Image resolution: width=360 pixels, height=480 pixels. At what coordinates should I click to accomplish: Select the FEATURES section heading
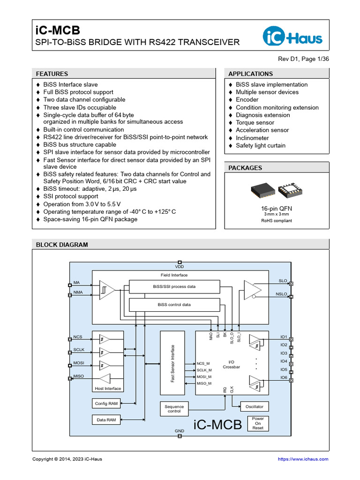click(52, 74)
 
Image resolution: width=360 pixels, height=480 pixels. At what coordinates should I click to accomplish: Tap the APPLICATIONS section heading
click(250, 74)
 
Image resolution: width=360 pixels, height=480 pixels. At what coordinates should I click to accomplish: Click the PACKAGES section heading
click(245, 168)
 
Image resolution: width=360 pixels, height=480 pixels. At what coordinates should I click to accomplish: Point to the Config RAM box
click(106, 404)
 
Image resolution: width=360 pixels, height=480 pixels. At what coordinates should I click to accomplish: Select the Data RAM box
click(106, 420)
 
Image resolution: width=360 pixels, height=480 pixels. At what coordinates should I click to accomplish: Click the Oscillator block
click(255, 406)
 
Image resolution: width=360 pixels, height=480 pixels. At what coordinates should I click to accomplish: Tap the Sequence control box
click(174, 409)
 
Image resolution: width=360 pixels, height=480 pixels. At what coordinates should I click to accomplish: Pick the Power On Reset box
click(258, 423)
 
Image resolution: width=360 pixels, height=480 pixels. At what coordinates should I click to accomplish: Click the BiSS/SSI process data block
click(174, 286)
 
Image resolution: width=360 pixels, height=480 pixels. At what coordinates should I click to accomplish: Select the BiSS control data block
click(174, 305)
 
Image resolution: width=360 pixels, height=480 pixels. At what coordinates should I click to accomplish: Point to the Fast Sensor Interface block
click(172, 363)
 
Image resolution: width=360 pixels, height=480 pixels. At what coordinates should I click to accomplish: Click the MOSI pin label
click(79, 363)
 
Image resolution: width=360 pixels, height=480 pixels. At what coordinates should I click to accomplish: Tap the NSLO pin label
click(281, 294)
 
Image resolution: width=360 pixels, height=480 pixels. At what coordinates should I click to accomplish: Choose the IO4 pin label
click(284, 361)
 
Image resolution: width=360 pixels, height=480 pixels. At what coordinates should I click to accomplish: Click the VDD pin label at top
click(180, 267)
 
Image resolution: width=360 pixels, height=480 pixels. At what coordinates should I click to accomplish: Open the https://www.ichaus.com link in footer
click(303, 459)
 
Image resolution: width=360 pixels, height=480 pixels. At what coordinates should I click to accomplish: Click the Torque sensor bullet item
click(255, 122)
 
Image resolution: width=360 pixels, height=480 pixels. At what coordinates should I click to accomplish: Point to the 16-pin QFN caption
click(277, 208)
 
